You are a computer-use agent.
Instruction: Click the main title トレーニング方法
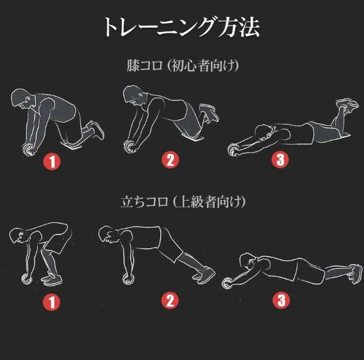181,27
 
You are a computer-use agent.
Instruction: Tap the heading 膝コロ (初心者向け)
183,65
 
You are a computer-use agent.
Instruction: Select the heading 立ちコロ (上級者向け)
183,201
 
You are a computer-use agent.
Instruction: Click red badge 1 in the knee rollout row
52,162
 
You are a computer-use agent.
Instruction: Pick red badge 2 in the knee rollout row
170,160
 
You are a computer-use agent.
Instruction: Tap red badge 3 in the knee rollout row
280,160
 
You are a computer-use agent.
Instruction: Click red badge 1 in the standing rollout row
51,302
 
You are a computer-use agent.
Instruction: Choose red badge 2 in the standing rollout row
170,300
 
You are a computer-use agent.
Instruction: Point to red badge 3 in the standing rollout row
281,300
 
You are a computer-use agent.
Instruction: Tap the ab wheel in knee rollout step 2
129,146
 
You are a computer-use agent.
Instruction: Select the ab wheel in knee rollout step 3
233,150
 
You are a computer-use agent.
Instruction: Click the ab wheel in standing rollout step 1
26,279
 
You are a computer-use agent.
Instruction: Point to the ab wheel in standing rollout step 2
128,279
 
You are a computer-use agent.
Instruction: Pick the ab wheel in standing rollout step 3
227,284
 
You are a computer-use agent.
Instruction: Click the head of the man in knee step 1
22,98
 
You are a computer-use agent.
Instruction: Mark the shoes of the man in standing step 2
204,275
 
